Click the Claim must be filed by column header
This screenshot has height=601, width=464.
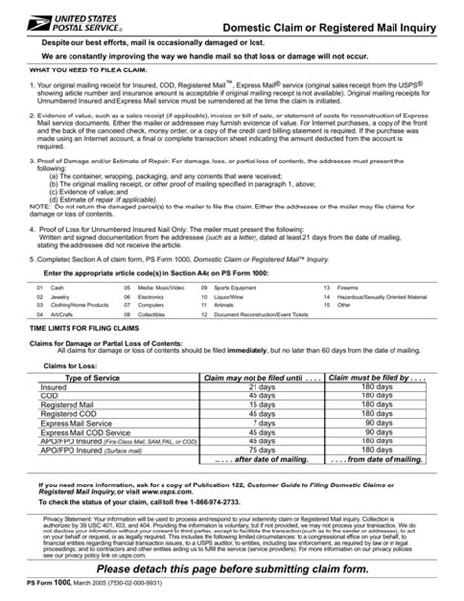pyautogui.click(x=377, y=377)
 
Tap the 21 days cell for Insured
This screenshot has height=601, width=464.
pyautogui.click(x=261, y=387)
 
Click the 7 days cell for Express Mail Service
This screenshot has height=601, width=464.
pyautogui.click(x=261, y=422)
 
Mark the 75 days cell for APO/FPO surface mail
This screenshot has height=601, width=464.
pyautogui.click(x=261, y=448)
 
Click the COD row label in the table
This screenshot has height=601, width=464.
pyautogui.click(x=49, y=395)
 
